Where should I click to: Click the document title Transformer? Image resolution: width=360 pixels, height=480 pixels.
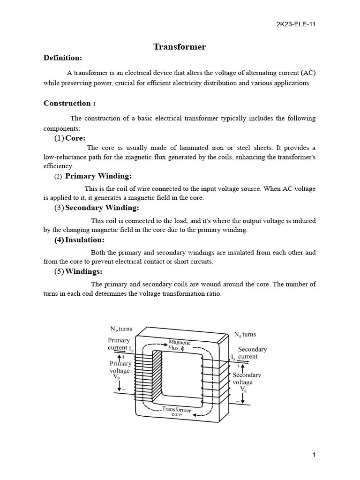(180, 47)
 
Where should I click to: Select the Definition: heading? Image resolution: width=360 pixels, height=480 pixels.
(63, 58)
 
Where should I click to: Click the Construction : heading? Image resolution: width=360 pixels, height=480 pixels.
(69, 103)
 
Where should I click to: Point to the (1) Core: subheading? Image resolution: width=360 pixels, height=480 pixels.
(70, 138)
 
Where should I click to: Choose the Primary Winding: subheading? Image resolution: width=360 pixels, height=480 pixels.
(98, 176)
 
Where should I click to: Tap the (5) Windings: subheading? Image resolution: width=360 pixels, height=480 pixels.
(78, 272)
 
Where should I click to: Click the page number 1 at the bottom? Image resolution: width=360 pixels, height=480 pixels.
(314, 455)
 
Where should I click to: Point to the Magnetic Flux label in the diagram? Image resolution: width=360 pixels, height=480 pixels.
(180, 345)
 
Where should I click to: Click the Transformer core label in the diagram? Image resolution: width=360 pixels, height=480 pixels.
(177, 412)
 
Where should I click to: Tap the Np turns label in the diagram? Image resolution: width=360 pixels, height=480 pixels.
(121, 329)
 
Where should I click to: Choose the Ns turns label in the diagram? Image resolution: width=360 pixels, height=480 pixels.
(245, 334)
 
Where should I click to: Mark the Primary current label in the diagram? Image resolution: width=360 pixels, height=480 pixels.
(119, 344)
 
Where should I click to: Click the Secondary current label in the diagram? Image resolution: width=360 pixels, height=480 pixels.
(252, 352)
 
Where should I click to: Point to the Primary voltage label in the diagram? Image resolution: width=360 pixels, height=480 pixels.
(120, 367)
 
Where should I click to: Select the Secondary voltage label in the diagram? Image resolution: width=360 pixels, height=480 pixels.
(247, 378)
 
